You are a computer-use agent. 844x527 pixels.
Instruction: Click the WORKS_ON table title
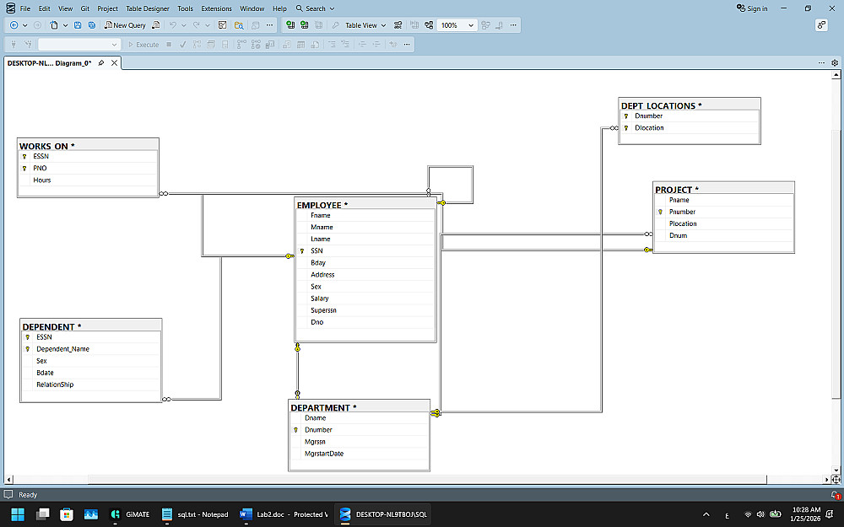point(47,146)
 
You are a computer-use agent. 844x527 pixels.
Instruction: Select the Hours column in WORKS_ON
point(42,180)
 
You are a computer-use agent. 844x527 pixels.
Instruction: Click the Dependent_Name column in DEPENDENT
point(62,348)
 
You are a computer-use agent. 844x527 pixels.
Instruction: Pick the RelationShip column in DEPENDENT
point(55,384)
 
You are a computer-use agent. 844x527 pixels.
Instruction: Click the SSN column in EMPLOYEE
point(316,250)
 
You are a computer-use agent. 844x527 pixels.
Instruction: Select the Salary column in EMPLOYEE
point(320,298)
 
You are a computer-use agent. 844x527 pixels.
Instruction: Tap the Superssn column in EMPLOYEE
point(323,310)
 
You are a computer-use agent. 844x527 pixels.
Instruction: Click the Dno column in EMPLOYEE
point(316,322)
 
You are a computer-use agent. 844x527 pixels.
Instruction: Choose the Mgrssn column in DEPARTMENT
point(315,441)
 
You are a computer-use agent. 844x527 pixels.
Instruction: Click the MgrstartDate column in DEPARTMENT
point(324,454)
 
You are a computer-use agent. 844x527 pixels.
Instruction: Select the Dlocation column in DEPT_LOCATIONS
point(649,128)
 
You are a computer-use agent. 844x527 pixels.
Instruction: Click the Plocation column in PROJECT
point(683,223)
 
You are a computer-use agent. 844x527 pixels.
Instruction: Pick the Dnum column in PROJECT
point(678,235)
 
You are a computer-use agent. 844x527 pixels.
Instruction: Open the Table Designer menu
point(148,8)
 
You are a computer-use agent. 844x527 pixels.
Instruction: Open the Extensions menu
point(216,8)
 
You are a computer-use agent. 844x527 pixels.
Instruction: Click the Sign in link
point(753,8)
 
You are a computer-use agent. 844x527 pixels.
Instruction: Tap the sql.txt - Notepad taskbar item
point(196,514)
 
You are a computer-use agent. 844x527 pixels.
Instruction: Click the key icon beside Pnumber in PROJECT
point(660,212)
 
